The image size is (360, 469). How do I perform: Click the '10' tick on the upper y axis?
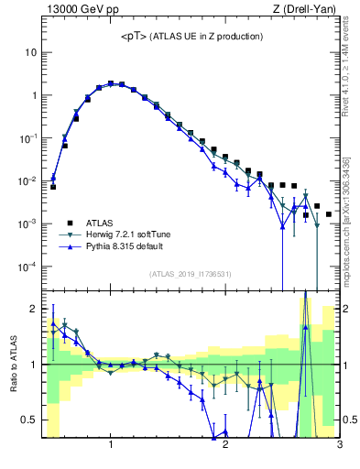30,52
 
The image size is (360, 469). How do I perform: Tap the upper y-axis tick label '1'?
33,95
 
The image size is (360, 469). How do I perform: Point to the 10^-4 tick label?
27,267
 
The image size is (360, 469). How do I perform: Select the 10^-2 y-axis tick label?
27,180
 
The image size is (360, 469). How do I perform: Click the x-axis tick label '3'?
339,445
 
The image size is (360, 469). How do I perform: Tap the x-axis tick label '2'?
225,445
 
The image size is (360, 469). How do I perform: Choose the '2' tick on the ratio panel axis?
33,309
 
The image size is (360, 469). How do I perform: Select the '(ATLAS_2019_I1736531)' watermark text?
189,274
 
